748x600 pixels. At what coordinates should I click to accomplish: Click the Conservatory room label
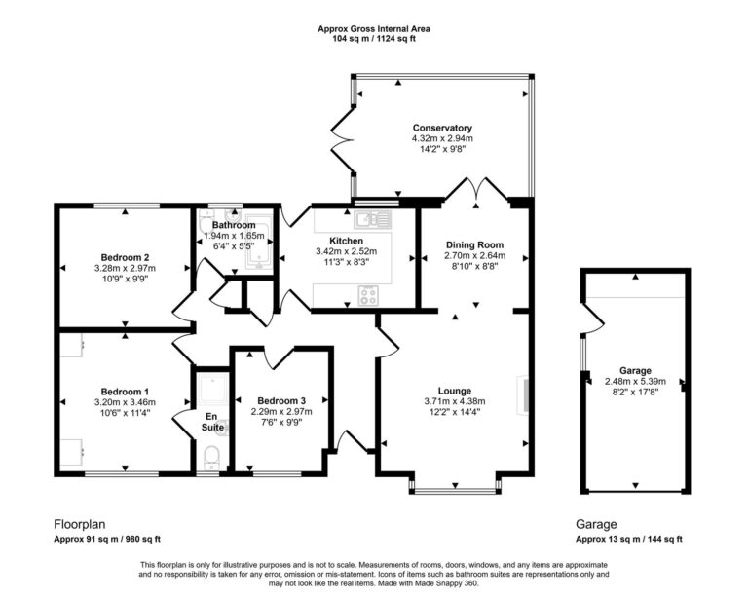[442, 128]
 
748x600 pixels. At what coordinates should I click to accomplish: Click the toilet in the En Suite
[210, 455]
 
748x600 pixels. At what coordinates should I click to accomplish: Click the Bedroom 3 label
[281, 401]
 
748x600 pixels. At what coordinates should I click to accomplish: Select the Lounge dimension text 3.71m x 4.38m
[454, 400]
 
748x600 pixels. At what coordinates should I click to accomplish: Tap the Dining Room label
[472, 244]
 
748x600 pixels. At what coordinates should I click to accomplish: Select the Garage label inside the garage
[634, 371]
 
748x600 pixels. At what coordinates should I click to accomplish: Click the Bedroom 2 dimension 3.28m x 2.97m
[125, 268]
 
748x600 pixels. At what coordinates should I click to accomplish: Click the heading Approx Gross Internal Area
[374, 29]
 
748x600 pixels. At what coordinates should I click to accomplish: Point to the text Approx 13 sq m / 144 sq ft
[628, 539]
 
